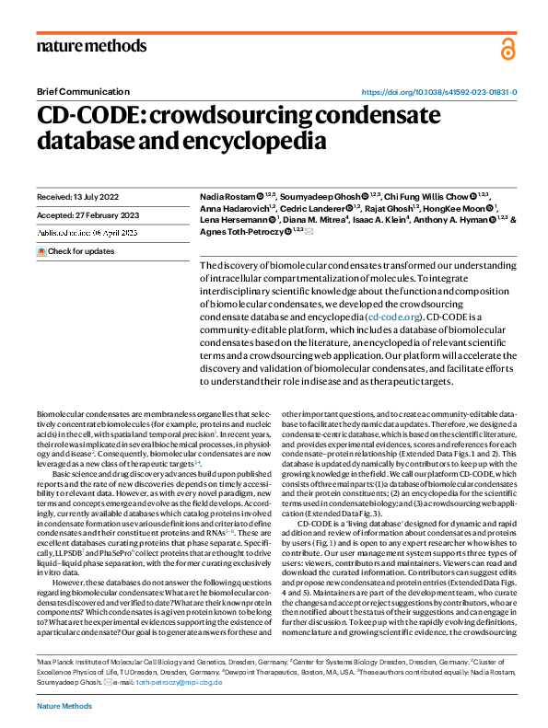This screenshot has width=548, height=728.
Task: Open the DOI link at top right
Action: [x=437, y=93]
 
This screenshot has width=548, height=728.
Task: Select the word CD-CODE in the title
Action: [x=89, y=116]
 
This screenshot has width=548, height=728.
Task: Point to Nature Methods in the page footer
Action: [x=64, y=706]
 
